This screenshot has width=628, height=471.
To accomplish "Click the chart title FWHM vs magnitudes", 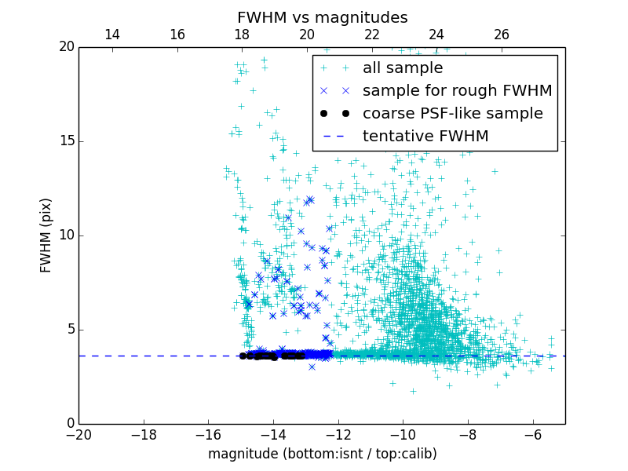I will point(322,17).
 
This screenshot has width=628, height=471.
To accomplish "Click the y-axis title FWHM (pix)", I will point(46,235).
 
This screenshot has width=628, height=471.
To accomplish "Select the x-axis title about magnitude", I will point(322,454).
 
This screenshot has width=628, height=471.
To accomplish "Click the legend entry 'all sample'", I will point(403,68).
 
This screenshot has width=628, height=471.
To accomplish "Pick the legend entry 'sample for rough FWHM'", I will point(457,91).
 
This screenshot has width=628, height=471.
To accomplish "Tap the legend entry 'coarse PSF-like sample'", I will point(452,114).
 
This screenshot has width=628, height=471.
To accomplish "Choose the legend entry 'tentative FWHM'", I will point(425,137).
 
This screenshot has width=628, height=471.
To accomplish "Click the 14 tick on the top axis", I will point(112,35).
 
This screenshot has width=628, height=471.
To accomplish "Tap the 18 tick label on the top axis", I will point(242,35).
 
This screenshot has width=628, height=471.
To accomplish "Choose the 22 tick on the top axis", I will point(371,35).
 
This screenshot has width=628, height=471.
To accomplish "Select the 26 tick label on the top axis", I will point(502,35).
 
